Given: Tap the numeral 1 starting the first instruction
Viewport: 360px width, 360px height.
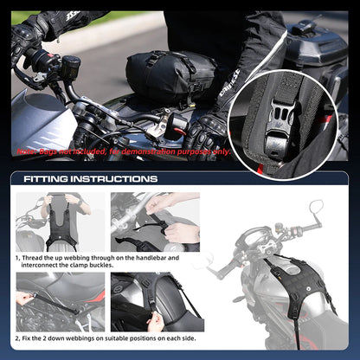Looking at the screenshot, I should tap(17, 257).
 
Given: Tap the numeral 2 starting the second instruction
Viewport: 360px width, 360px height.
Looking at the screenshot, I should tap(17, 338).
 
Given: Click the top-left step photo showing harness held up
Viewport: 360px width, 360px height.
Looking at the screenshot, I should tap(60, 221).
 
